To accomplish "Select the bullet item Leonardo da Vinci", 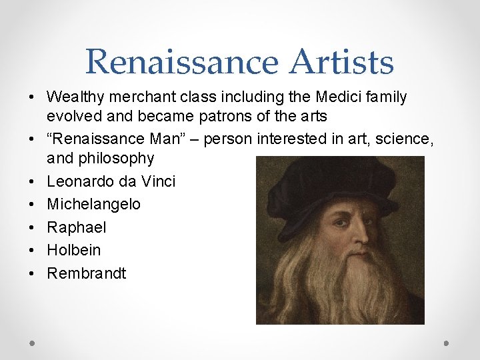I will (111, 181).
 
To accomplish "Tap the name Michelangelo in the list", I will (93, 204).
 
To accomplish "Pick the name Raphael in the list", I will (76, 227).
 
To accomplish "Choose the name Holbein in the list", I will (73, 250).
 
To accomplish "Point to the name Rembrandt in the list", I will (86, 273).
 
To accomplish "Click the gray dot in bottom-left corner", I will (33, 343).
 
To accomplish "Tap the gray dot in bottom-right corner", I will (447, 343).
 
